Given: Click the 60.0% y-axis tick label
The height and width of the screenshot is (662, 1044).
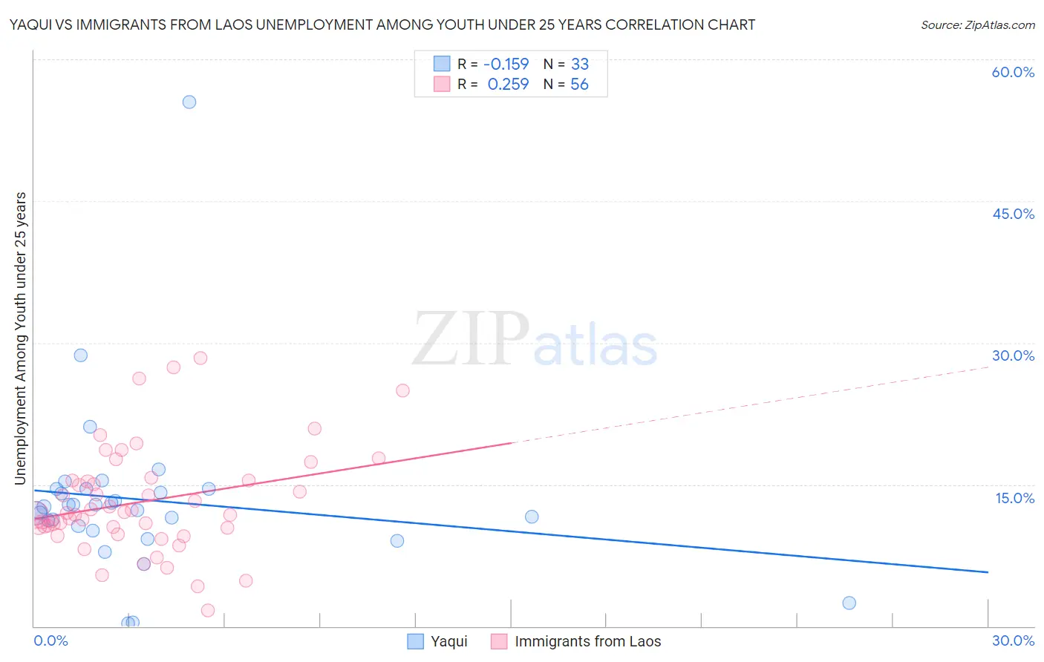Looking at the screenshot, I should click(x=1013, y=72).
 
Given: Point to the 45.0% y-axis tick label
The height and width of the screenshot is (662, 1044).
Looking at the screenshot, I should click(x=1013, y=214).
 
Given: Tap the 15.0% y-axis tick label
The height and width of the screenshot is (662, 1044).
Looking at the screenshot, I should click(x=1014, y=498).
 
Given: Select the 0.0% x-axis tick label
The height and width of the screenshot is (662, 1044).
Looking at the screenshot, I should click(x=50, y=640).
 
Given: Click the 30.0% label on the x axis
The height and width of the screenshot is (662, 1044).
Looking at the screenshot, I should click(x=1013, y=640).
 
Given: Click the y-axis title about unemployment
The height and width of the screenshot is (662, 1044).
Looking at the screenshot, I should click(x=20, y=338).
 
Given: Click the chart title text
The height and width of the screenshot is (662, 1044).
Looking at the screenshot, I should click(x=382, y=24).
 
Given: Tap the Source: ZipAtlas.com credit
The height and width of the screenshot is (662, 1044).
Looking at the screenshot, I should click(x=977, y=24).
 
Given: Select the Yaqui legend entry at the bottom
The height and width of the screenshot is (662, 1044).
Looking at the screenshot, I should click(x=438, y=641).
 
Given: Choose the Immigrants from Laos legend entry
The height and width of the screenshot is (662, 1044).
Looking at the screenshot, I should click(x=576, y=641).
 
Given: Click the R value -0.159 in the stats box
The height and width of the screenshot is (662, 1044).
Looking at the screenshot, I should click(x=506, y=65).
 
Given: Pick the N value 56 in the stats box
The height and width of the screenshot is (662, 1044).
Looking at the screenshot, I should click(x=579, y=85).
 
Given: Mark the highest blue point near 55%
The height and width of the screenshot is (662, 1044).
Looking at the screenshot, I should click(x=189, y=102).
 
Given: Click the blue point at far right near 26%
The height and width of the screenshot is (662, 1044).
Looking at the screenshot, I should click(x=849, y=603).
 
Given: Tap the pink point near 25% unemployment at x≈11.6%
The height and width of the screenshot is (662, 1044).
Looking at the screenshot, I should click(x=402, y=390).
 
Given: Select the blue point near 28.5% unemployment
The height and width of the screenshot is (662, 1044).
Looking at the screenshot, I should click(x=81, y=355).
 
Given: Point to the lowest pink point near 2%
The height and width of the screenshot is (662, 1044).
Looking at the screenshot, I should click(x=208, y=610).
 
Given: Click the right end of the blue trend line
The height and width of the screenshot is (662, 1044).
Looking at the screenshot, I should click(x=987, y=571).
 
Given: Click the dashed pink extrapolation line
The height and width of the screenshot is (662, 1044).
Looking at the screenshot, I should click(x=750, y=405).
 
